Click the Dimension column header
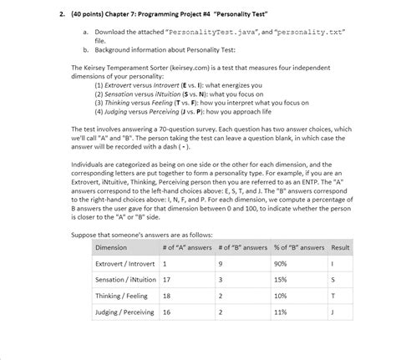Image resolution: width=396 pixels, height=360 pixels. click(111, 248)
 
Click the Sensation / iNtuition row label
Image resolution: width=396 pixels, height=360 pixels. click(126, 280)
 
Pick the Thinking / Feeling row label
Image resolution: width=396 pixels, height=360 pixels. click(122, 295)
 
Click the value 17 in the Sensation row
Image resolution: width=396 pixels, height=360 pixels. click(166, 280)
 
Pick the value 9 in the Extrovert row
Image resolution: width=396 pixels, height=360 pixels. click(221, 265)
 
